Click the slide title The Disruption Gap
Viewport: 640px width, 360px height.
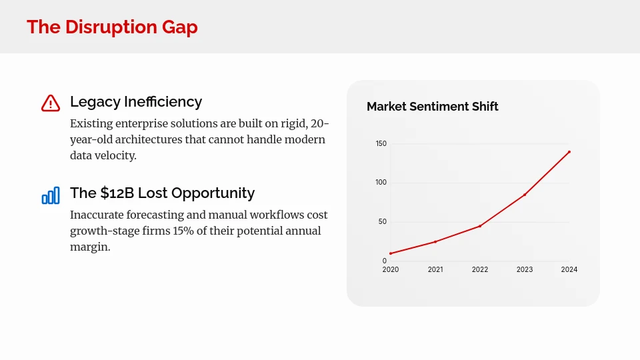pyautogui.click(x=112, y=27)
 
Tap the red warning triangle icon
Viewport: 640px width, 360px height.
pyautogui.click(x=51, y=103)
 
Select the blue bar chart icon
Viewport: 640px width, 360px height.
pyautogui.click(x=51, y=195)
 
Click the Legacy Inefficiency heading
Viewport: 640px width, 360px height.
pyautogui.click(x=136, y=102)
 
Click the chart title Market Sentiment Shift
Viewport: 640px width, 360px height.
pyautogui.click(x=432, y=107)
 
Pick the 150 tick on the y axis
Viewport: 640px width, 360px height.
pyautogui.click(x=381, y=144)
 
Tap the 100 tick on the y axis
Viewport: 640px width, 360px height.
pyautogui.click(x=381, y=183)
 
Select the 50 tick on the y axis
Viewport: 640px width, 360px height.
pyautogui.click(x=382, y=222)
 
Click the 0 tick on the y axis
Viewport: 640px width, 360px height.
pyautogui.click(x=384, y=261)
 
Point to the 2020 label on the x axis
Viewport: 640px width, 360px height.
pyautogui.click(x=391, y=270)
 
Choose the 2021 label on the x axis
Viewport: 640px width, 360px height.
pyautogui.click(x=435, y=270)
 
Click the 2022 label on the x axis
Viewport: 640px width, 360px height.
pyautogui.click(x=480, y=270)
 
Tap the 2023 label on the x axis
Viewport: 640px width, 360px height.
pyautogui.click(x=525, y=270)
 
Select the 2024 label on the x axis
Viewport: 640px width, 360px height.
pyautogui.click(x=569, y=270)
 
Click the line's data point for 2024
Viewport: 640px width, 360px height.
pyautogui.click(x=569, y=152)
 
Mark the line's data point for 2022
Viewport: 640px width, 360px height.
pyautogui.click(x=480, y=226)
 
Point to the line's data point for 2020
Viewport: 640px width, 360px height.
pyautogui.click(x=391, y=253)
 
